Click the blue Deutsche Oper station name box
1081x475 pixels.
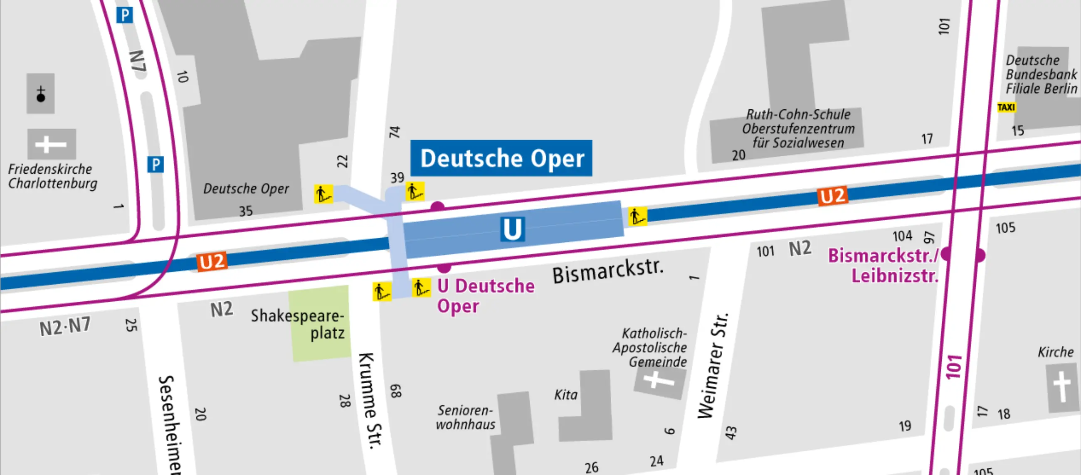pyautogui.click(x=501, y=158)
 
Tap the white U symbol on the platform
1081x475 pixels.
pyautogui.click(x=512, y=229)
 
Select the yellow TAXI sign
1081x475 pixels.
pyautogui.click(x=1006, y=107)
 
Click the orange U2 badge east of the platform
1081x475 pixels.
pyautogui.click(x=832, y=197)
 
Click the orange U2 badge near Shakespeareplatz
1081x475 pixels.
pyautogui.click(x=212, y=261)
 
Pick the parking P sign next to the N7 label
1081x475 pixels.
pyautogui.click(x=125, y=15)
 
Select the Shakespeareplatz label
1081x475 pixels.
pyautogui.click(x=298, y=324)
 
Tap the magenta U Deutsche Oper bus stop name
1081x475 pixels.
pyautogui.click(x=486, y=295)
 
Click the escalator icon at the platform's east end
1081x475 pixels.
pyautogui.click(x=637, y=217)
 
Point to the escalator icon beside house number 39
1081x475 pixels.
pyautogui.click(x=415, y=191)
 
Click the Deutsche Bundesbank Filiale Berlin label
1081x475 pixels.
pyautogui.click(x=1041, y=74)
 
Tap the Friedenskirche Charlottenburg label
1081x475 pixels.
pyautogui.click(x=52, y=176)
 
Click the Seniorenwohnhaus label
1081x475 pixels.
pyautogui.click(x=465, y=417)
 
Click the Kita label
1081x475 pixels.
pyautogui.click(x=566, y=395)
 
